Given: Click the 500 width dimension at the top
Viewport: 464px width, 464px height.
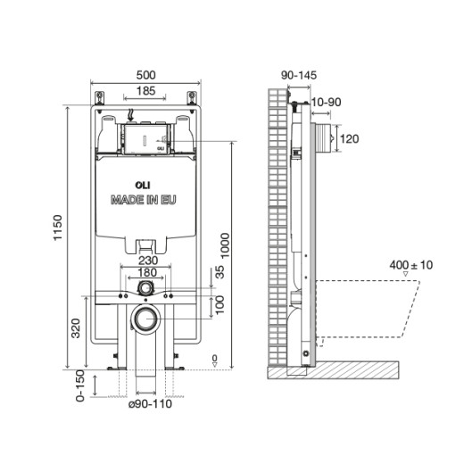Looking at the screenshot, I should click(144, 76).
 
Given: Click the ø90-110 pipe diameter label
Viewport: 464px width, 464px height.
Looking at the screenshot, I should click(147, 403).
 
